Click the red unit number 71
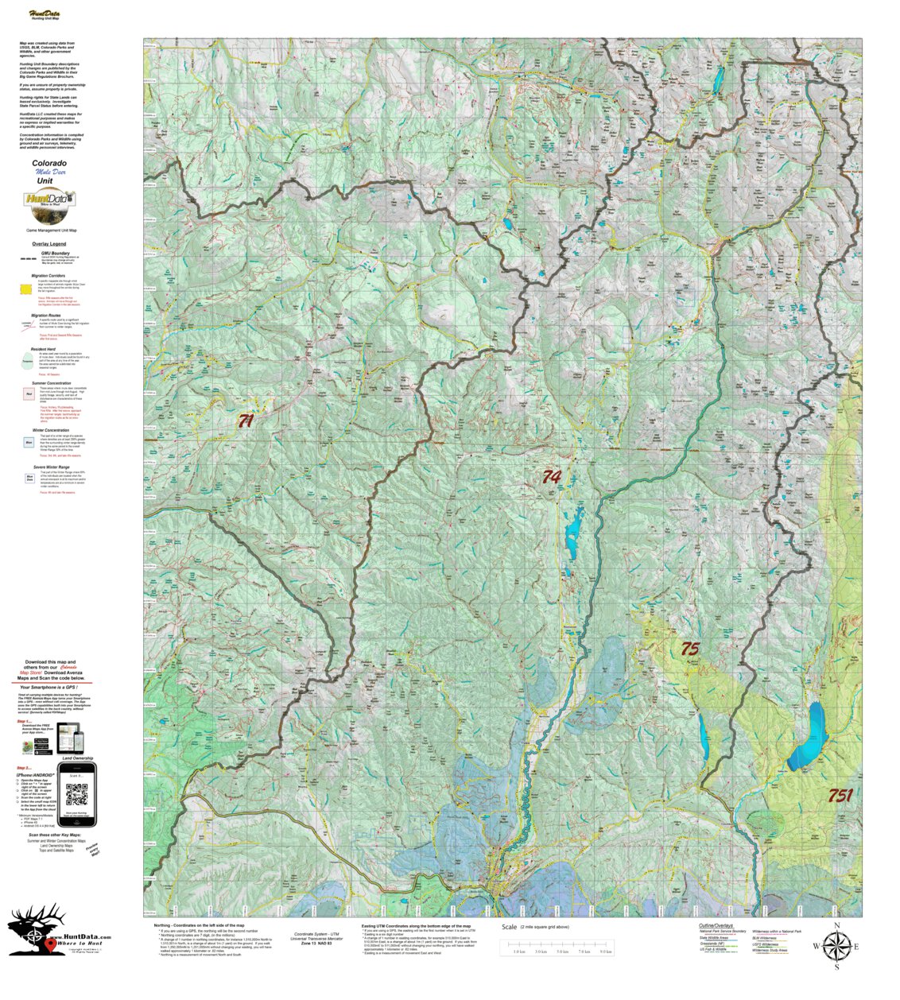(x=246, y=421)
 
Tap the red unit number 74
(x=551, y=477)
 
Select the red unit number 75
(x=689, y=649)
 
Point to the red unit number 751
(x=840, y=795)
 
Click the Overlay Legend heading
(x=49, y=243)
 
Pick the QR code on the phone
(x=76, y=794)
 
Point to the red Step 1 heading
(x=25, y=721)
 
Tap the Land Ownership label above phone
(x=77, y=758)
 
